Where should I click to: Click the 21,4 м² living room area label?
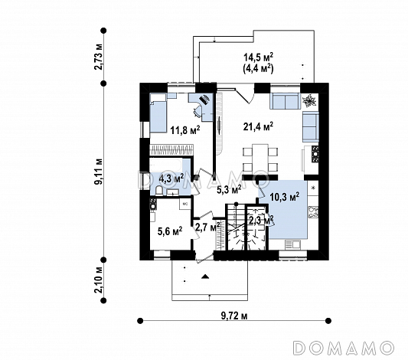pos(258,126)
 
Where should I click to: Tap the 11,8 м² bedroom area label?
pos(185,129)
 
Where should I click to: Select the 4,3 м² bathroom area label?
pos(171,178)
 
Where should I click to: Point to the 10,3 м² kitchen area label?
pos(285,197)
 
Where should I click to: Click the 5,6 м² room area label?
pos(170,231)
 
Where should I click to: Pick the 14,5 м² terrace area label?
pos(258,56)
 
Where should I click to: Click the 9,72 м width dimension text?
pos(234,316)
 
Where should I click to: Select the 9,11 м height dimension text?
pos(99,171)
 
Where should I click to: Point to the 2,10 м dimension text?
pos(99,280)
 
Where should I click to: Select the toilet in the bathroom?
pos(158,190)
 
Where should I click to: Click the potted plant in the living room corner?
pos(309,100)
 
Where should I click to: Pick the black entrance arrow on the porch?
pos(206,277)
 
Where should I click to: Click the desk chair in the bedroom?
pos(197,111)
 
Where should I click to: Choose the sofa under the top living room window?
pos(286,101)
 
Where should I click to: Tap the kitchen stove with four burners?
pos(313,212)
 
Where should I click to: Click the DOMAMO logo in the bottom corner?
pos(343,348)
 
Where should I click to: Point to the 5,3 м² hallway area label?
pos(229,189)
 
